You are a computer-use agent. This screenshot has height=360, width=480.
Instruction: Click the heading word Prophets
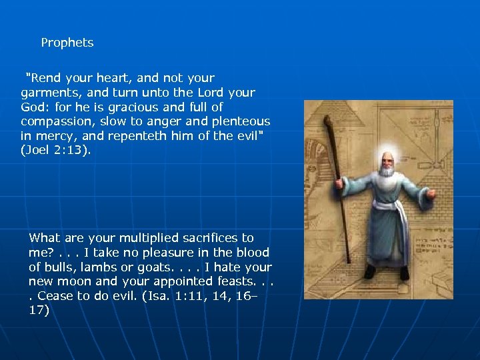click(x=67, y=43)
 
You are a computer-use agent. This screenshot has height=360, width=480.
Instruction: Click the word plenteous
click(x=242, y=121)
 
